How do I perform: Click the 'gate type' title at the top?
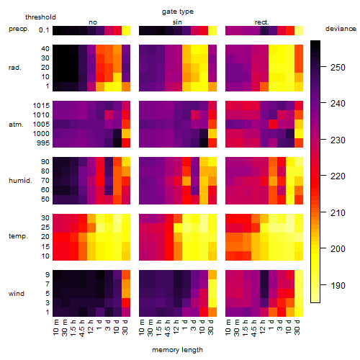(178, 12)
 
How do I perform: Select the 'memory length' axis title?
(177, 350)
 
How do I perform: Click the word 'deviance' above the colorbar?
(341, 29)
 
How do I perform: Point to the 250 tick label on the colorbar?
(338, 68)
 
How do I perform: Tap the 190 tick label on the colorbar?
(338, 286)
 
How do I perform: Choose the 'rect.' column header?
(261, 22)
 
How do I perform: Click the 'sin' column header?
(177, 22)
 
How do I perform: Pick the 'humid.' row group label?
(20, 181)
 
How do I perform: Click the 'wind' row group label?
(17, 294)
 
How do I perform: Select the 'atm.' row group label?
(16, 125)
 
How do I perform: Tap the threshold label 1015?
(41, 106)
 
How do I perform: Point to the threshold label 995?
(43, 143)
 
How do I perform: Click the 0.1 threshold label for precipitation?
(44, 30)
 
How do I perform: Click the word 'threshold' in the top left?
(40, 17)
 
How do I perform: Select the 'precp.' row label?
(19, 30)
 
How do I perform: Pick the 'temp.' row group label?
(18, 236)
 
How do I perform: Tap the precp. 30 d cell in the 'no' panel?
(126, 31)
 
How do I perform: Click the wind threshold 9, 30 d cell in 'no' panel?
(126, 274)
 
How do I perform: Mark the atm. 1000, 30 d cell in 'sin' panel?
(212, 134)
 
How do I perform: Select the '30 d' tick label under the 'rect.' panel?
(297, 327)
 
